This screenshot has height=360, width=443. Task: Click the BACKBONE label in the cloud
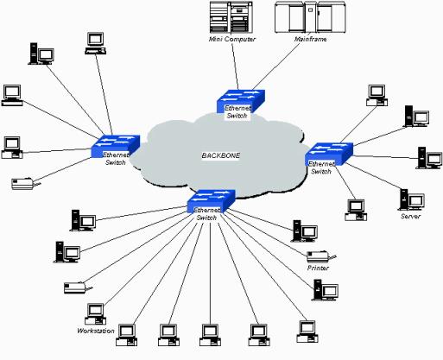point(220,155)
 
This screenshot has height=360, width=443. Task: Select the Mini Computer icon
point(231,17)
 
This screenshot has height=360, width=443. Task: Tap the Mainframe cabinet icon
point(310,17)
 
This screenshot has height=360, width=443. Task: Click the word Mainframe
point(310,39)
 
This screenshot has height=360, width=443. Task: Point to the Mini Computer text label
point(232,39)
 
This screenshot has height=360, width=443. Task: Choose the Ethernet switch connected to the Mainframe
point(241,101)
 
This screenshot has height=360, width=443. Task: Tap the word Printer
point(318,268)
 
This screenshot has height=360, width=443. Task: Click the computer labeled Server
point(412,199)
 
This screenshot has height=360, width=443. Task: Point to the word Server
point(411,216)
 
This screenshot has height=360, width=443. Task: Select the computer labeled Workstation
point(96,314)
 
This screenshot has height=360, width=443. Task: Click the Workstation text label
point(96,331)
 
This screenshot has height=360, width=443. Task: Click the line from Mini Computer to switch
point(235,66)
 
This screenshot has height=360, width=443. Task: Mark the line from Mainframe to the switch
point(276,66)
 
